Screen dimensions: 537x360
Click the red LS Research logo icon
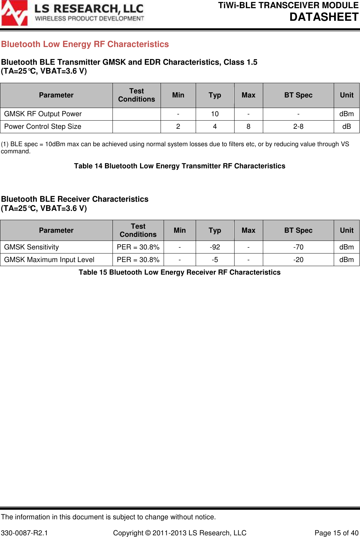click(x=14, y=13)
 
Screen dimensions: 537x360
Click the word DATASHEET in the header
click(x=324, y=17)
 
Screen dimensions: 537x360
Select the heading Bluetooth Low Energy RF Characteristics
click(x=85, y=44)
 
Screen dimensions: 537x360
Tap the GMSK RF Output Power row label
click(x=43, y=114)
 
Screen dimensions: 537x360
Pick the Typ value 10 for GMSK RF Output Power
click(x=215, y=114)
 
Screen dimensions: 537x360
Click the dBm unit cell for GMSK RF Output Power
click(x=346, y=114)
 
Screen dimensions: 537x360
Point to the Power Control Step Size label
click(x=43, y=126)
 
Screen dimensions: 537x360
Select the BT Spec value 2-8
click(x=298, y=126)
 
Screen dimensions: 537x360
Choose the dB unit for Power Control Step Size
click(x=346, y=126)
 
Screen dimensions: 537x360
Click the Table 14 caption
click(x=180, y=166)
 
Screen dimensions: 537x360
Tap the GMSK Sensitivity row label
click(x=31, y=247)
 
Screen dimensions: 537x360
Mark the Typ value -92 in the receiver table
click(x=215, y=247)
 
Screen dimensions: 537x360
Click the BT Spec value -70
click(x=298, y=247)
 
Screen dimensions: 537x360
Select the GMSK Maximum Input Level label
click(x=49, y=260)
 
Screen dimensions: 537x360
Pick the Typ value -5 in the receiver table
click(x=215, y=260)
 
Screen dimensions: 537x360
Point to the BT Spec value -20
click(x=298, y=260)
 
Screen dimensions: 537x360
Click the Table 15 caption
click(x=180, y=272)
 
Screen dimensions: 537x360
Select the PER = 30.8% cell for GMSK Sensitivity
click(x=138, y=247)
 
